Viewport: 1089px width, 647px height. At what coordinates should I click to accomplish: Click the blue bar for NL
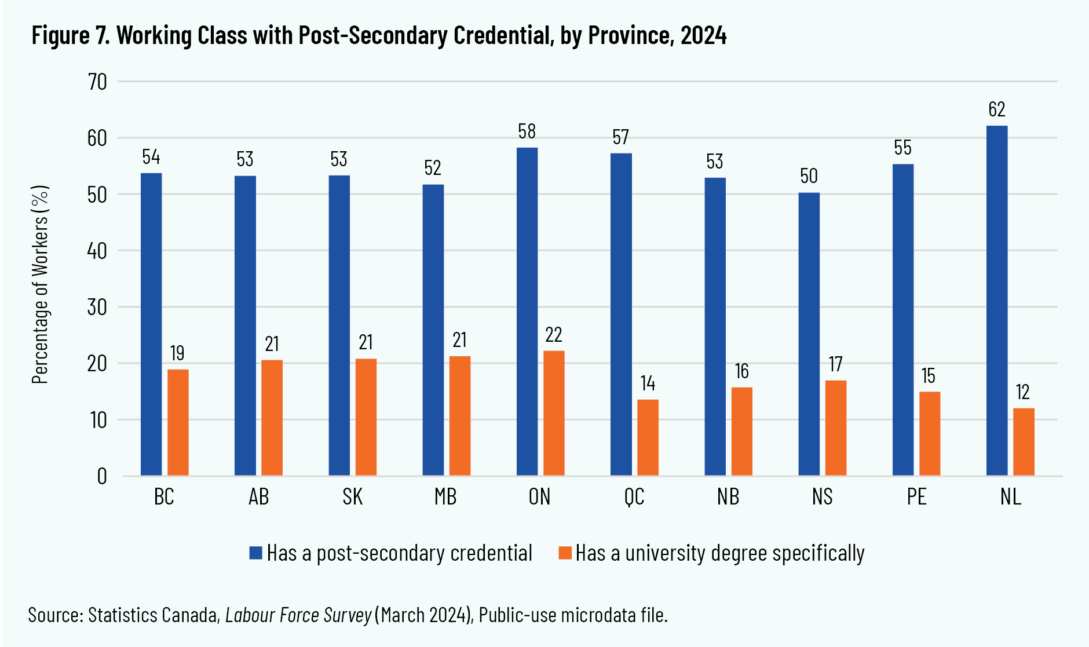pyautogui.click(x=996, y=301)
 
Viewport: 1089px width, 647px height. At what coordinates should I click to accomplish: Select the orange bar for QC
pyautogui.click(x=648, y=437)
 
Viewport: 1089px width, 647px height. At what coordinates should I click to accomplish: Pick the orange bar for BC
pyautogui.click(x=178, y=422)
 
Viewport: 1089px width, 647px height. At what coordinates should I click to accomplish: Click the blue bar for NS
pyautogui.click(x=809, y=334)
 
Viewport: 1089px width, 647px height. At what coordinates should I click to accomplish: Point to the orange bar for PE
pyautogui.click(x=929, y=434)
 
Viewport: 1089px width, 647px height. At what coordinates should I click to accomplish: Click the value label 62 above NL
pyautogui.click(x=996, y=109)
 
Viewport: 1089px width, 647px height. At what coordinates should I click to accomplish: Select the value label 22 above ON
pyautogui.click(x=553, y=335)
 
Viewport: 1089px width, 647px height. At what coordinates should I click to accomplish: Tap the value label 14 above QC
pyautogui.click(x=648, y=383)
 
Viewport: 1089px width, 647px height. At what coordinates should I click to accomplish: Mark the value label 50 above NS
pyautogui.click(x=809, y=176)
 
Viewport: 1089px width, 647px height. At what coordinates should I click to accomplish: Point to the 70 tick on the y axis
pyautogui.click(x=97, y=82)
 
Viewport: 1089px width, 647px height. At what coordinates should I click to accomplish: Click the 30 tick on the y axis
pyautogui.click(x=97, y=307)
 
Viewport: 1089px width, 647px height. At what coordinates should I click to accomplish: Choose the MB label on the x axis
pyautogui.click(x=445, y=497)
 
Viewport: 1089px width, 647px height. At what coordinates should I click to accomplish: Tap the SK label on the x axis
pyautogui.click(x=352, y=497)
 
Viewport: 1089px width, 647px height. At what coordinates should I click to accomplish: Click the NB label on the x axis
pyautogui.click(x=728, y=497)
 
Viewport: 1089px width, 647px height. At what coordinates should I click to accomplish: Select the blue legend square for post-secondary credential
pyautogui.click(x=255, y=553)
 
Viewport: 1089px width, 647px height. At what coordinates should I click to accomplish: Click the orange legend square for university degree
pyautogui.click(x=565, y=553)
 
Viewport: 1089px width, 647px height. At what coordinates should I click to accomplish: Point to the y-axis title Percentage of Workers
pyautogui.click(x=40, y=284)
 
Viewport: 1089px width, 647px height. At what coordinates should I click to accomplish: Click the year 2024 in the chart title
pyautogui.click(x=703, y=36)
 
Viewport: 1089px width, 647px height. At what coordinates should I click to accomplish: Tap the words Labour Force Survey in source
pyautogui.click(x=298, y=615)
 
